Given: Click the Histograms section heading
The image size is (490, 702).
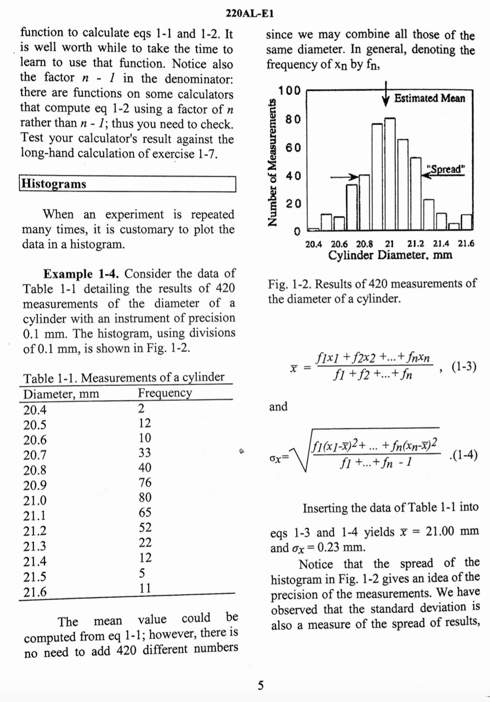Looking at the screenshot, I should coord(54,184).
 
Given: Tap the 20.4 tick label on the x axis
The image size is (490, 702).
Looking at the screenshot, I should coord(313,244).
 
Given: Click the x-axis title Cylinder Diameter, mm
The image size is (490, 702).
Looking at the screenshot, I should coord(390,255).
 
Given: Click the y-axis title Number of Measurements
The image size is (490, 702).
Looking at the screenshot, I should coord(272,163).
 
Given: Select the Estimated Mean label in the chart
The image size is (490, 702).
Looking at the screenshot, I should coord(429,98).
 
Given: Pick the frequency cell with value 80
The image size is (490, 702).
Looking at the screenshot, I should coord(145,497).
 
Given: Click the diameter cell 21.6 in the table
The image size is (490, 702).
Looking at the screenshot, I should coord(35,591).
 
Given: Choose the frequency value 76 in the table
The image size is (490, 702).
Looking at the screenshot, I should coord(145,482).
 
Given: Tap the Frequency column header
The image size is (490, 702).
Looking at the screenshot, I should coord(165,393).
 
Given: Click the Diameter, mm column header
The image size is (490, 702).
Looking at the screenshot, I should coord(61,394).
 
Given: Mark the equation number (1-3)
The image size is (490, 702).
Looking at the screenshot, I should coord(464,366).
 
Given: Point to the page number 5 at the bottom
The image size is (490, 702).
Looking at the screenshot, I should coord(261,686).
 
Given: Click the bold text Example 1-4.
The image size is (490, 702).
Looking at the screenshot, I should coord(82,274).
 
